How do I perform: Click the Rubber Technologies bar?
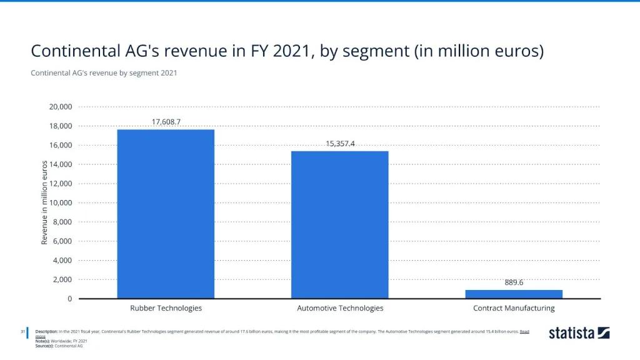pos(166,214)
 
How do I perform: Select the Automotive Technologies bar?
pos(339,225)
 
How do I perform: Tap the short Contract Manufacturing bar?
pos(514,294)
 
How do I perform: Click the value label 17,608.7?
pos(166,122)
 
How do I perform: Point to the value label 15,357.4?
pos(340,144)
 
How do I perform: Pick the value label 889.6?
pos(514,282)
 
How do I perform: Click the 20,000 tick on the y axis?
pos(61,107)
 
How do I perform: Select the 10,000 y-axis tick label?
pos(61,203)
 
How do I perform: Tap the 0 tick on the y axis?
pos(70,299)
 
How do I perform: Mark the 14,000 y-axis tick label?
pos(61,164)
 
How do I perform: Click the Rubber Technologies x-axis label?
pos(166,308)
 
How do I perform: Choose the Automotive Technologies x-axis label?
pos(340,308)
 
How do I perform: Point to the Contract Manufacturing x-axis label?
pos(514,308)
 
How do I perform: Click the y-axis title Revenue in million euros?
pos(44,202)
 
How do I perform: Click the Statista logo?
pos(579,333)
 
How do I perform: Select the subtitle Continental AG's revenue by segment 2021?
pos(104,73)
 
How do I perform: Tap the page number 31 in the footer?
pos(22,331)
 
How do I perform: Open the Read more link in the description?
pos(524,331)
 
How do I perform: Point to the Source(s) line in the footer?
pos(59,345)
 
